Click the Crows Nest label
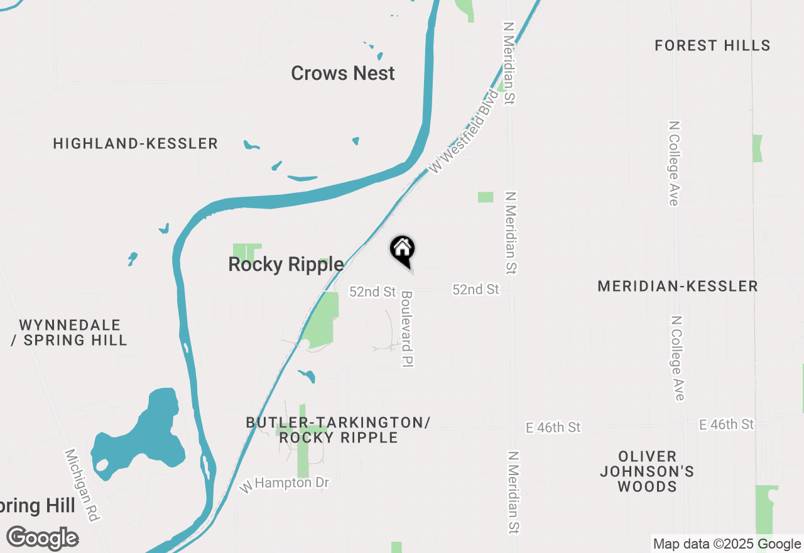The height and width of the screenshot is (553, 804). tap(343, 73)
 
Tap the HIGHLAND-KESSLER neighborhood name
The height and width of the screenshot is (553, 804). tap(136, 144)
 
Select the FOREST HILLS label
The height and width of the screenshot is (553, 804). tap(712, 45)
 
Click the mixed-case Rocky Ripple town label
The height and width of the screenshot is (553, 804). tap(286, 265)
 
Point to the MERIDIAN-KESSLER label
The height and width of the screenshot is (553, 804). tap(678, 287)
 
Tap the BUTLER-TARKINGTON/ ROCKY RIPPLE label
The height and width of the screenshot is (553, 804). tap(339, 430)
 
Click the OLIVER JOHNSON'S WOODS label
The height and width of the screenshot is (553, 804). tap(647, 471)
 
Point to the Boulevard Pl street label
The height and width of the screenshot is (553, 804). tap(407, 329)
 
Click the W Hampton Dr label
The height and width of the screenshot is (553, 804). tap(285, 485)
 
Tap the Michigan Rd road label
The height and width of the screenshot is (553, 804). tap(82, 485)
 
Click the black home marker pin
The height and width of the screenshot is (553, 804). tap(403, 250)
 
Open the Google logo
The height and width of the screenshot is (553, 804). tap(43, 539)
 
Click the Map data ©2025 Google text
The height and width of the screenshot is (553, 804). tap(727, 544)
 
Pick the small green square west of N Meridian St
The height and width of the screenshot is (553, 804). tap(486, 197)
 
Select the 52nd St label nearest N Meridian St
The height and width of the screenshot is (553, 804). tap(475, 289)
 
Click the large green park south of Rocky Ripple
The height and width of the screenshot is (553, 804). tap(322, 319)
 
